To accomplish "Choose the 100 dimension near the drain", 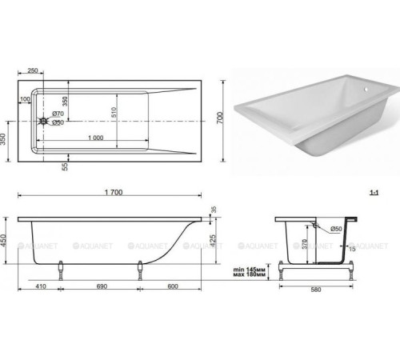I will point(26,98).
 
